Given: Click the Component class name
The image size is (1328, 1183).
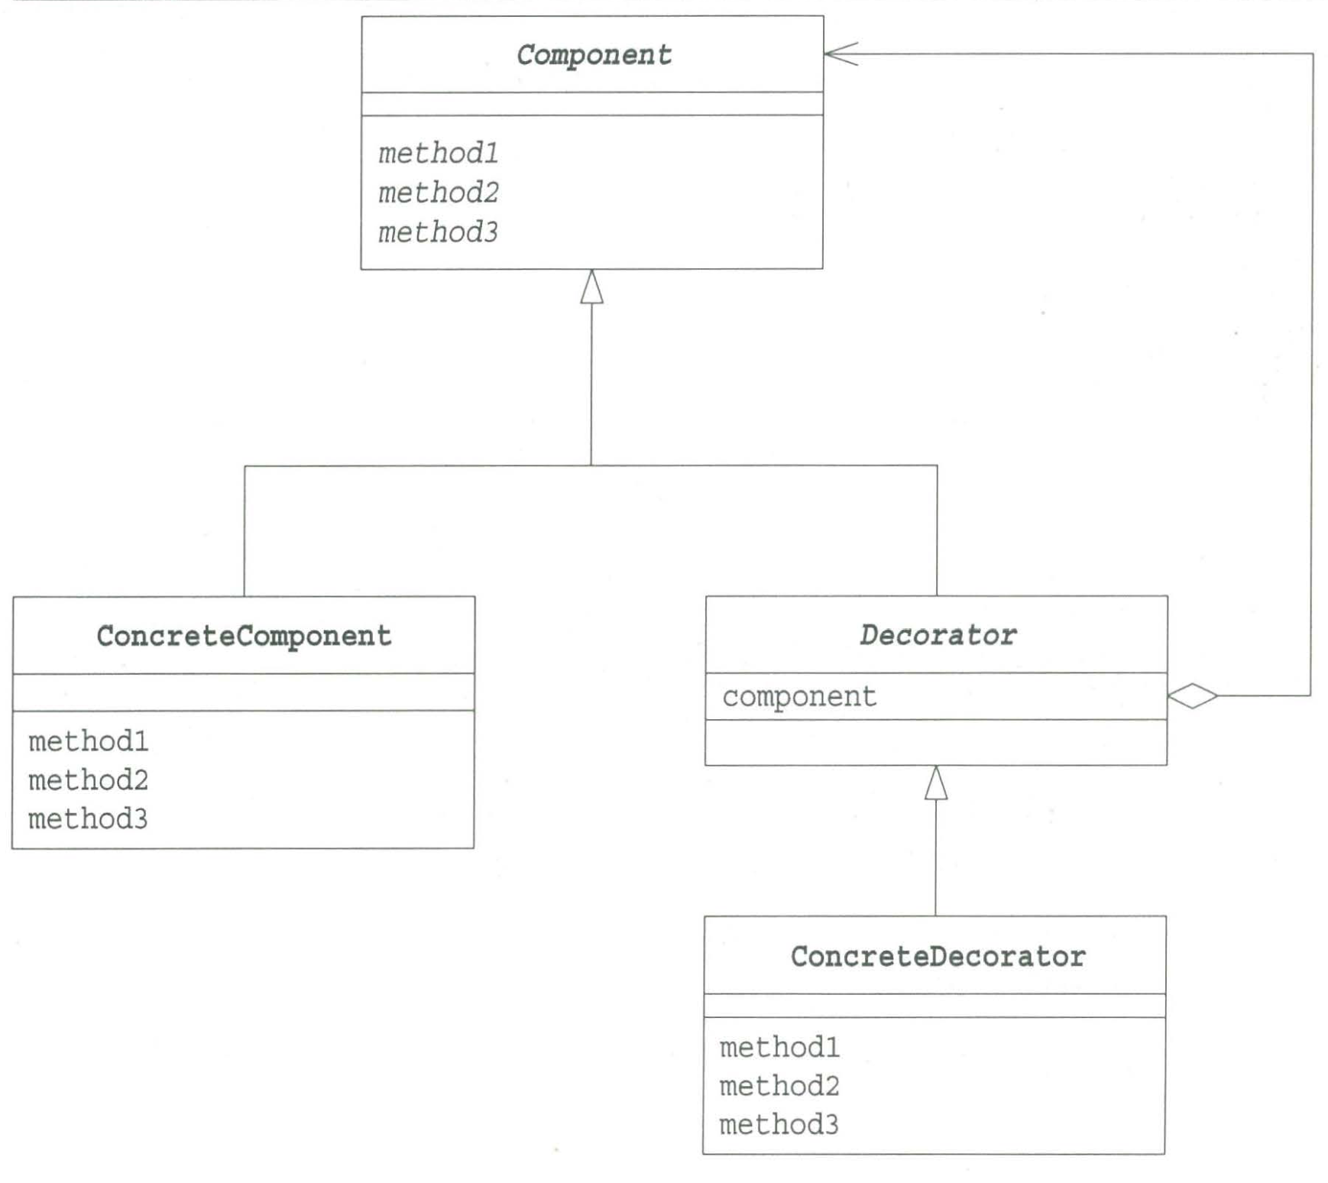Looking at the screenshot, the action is [594, 55].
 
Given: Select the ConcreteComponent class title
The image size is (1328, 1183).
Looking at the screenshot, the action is [244, 636].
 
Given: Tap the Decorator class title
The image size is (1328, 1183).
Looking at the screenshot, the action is [938, 635].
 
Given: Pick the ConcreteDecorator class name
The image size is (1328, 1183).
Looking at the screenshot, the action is [938, 957].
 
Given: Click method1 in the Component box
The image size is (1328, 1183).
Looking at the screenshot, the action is [438, 154].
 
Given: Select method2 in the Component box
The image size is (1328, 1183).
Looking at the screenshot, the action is [438, 193].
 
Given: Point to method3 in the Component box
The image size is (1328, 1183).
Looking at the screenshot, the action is [438, 232].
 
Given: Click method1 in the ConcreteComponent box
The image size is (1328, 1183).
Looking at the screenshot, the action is [88, 741].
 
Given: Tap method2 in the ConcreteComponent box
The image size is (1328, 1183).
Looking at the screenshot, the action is [88, 780].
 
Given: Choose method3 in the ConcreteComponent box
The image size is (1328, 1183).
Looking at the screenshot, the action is [88, 819].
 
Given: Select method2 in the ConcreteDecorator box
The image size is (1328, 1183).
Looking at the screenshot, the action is [779, 1086].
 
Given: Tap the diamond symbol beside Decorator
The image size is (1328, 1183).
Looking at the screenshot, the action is [1193, 695].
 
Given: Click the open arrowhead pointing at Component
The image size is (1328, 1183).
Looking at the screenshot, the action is [841, 53].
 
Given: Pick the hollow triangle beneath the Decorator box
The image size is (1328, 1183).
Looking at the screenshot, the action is [936, 783].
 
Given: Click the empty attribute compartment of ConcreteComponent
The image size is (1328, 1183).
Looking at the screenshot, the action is [244, 692].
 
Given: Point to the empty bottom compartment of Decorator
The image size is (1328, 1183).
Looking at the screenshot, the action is [936, 742].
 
